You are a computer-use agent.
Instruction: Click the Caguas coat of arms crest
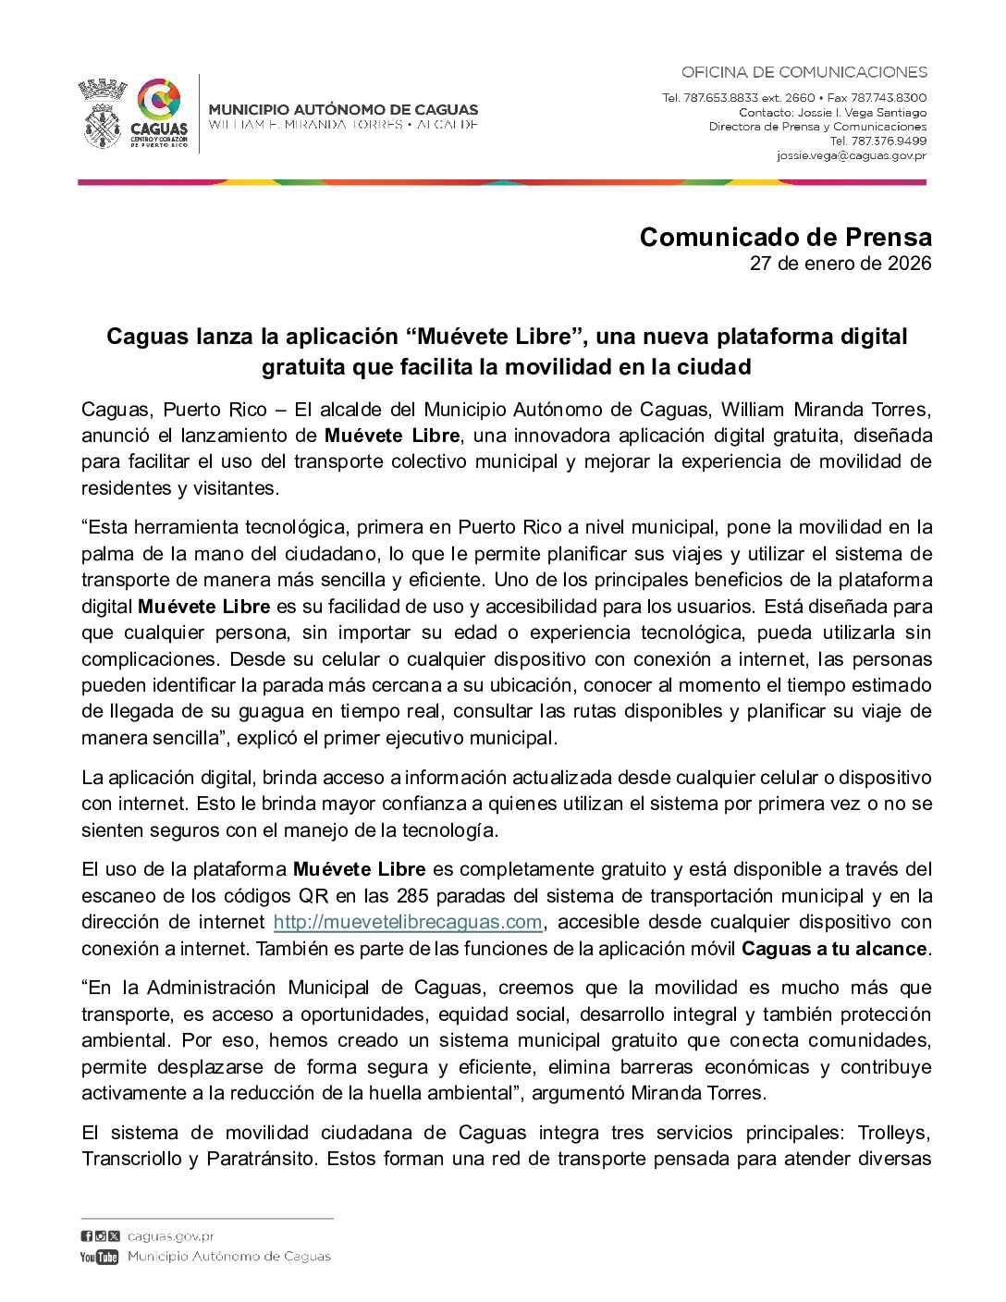coord(102,115)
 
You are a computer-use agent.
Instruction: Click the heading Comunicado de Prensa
coord(785,238)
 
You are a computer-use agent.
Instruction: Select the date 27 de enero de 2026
coord(840,264)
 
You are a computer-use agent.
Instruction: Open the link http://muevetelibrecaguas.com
coord(408,922)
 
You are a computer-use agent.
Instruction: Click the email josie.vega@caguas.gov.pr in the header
coord(851,155)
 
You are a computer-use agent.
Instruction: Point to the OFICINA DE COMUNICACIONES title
coord(804,72)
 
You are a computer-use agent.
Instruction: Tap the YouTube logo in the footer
coord(99,1257)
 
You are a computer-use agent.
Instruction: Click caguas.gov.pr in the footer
coord(171,1236)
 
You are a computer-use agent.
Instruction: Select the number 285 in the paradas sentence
coord(411,896)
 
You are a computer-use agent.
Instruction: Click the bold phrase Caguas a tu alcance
coord(834,949)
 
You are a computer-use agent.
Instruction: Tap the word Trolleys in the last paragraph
coord(893,1133)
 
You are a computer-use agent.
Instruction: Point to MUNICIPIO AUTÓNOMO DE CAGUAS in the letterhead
coord(343,109)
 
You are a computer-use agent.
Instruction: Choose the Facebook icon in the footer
coord(86,1236)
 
